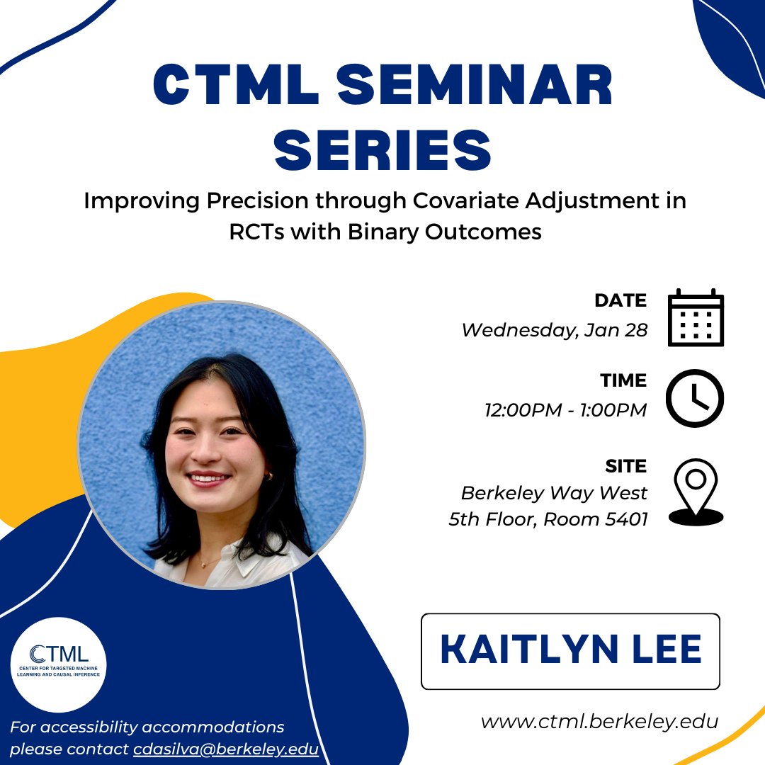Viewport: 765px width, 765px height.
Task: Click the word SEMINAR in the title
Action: tap(468, 86)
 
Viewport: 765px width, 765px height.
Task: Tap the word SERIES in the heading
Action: tap(383, 149)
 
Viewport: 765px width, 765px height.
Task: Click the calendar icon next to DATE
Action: tap(696, 317)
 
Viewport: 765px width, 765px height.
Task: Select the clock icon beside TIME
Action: tap(696, 398)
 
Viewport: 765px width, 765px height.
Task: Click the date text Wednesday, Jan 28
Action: tap(554, 330)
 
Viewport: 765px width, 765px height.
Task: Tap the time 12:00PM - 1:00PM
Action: tap(565, 410)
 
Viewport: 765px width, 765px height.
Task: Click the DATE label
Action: tap(620, 300)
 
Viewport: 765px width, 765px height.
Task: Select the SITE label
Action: tap(626, 466)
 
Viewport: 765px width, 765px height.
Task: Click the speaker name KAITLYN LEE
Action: tap(570, 650)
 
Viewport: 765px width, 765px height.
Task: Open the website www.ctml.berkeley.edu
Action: tap(599, 722)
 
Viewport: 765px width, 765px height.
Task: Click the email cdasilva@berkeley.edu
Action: tap(226, 749)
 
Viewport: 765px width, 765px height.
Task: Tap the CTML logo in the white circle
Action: tap(59, 662)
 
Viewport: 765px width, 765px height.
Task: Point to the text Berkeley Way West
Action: tap(554, 492)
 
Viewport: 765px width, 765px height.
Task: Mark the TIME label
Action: tap(623, 381)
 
